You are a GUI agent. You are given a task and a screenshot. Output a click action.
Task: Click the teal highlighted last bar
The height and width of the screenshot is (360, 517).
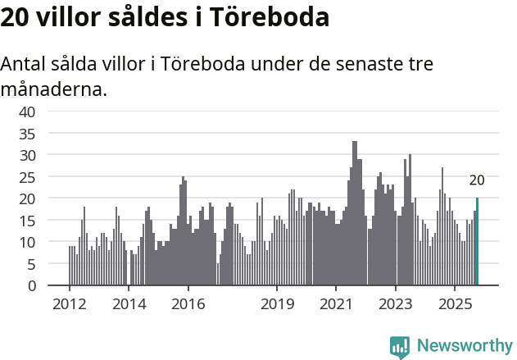click(477, 242)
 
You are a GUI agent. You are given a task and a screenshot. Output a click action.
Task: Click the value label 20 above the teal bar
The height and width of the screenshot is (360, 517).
click(477, 181)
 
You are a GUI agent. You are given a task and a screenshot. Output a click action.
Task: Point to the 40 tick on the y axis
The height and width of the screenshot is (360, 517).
click(28, 112)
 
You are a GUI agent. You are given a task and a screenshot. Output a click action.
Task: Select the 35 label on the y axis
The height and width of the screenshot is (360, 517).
click(28, 134)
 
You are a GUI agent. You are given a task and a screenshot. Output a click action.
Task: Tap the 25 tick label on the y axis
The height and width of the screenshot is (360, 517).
click(28, 177)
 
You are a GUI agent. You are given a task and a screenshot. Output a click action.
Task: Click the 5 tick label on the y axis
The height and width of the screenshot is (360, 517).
click(31, 264)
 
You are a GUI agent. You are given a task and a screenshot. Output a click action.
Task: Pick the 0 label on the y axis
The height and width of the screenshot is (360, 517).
click(31, 286)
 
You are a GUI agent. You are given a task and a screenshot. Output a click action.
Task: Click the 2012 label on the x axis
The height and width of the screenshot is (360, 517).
click(69, 303)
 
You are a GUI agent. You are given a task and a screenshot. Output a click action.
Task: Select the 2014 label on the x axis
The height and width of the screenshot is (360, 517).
click(129, 303)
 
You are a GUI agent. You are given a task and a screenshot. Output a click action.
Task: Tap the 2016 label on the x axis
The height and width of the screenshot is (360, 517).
click(188, 303)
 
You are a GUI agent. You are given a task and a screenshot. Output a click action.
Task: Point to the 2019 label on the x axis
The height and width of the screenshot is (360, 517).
click(277, 303)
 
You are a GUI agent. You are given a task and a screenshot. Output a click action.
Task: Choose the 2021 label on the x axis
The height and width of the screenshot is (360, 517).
click(337, 303)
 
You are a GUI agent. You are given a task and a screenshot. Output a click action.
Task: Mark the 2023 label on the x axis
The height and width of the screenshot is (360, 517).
click(397, 303)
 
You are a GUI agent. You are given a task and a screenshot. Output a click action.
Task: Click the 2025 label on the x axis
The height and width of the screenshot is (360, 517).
click(456, 303)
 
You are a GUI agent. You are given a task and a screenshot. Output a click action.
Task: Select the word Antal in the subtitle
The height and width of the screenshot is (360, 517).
click(24, 64)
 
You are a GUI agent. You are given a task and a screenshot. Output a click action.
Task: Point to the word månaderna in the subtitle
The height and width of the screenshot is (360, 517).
click(53, 89)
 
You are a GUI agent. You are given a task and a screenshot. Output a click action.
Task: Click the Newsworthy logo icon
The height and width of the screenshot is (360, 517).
click(400, 346)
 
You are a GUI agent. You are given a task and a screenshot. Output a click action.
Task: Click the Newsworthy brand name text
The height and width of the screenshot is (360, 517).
click(464, 346)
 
